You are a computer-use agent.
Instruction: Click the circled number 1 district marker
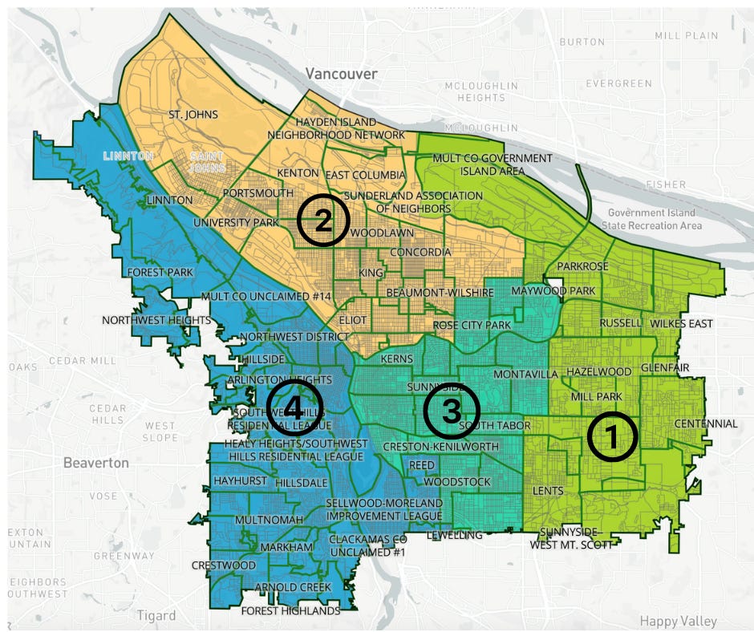click(x=612, y=437)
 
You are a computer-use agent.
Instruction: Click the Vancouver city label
click(x=341, y=73)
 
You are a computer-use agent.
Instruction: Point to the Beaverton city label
click(x=96, y=463)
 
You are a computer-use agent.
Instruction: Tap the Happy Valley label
click(x=679, y=621)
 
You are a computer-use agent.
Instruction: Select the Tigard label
click(x=156, y=615)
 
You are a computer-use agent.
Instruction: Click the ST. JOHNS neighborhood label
click(x=193, y=115)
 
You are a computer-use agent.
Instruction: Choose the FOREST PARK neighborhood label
click(x=160, y=272)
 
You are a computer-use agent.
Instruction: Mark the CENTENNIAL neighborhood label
click(x=706, y=423)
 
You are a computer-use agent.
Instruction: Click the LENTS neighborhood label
click(x=548, y=490)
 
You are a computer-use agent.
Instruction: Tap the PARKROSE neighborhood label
click(x=582, y=265)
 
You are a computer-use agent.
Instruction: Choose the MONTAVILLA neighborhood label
click(x=525, y=375)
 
